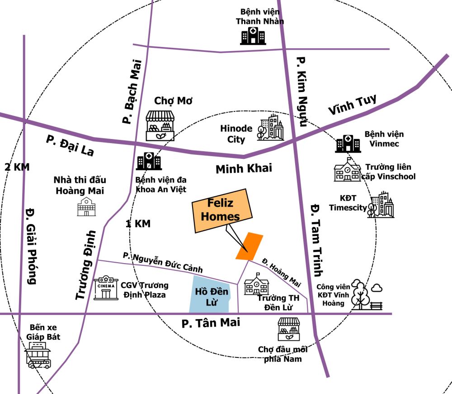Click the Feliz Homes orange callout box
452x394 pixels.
(x=221, y=211)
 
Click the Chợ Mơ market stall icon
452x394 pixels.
(x=160, y=125)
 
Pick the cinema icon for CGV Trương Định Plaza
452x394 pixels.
(x=105, y=288)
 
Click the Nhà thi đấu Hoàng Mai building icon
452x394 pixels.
(x=86, y=206)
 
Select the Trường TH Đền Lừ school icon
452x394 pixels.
(x=256, y=284)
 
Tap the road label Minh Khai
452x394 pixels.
(x=244, y=169)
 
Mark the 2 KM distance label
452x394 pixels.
(x=17, y=167)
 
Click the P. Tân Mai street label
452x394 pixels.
(x=211, y=323)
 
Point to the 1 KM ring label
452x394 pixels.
(x=138, y=223)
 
